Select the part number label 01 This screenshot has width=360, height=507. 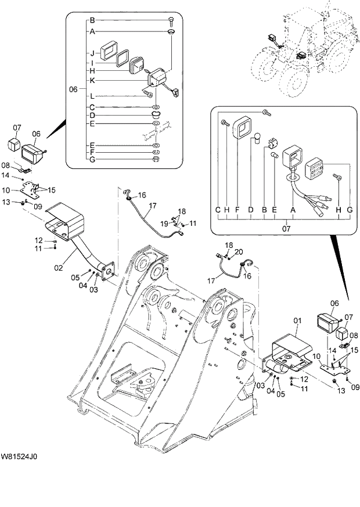coord(297,320)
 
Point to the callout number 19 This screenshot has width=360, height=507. coord(165,223)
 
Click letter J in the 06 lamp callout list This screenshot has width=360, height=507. coord(92,52)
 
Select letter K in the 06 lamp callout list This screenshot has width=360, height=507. coord(92,80)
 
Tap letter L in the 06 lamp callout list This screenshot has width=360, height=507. coord(92,96)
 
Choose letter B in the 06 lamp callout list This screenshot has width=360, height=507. coord(92,20)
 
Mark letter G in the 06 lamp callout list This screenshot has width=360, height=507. coord(92,159)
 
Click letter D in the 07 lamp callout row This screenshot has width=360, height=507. coord(250,209)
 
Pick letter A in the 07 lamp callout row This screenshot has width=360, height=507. coord(292,209)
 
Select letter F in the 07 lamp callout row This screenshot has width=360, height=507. coord(237,209)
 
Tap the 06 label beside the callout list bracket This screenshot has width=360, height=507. coord(73,89)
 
